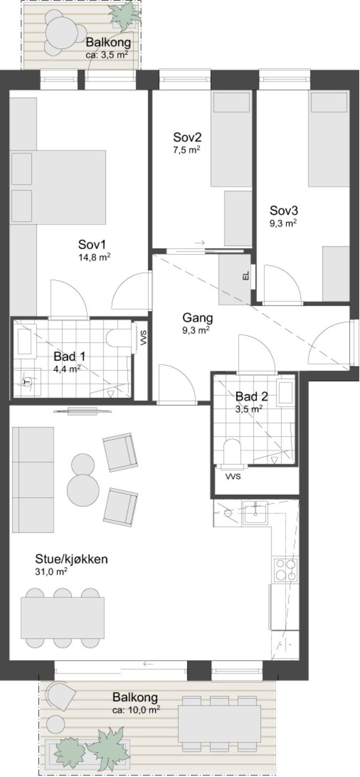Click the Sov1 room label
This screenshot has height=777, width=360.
pos(92,244)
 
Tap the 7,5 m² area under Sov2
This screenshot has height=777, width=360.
pos(186,150)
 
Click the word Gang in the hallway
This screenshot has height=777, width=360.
pos(198,319)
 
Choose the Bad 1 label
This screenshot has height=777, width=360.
pos(69,357)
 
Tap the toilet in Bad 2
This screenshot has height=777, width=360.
pos(232,452)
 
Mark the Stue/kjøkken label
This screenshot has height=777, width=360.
pos(71,560)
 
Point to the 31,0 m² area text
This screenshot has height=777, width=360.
pos(51,572)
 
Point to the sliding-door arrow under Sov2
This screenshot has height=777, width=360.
pos(200,243)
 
